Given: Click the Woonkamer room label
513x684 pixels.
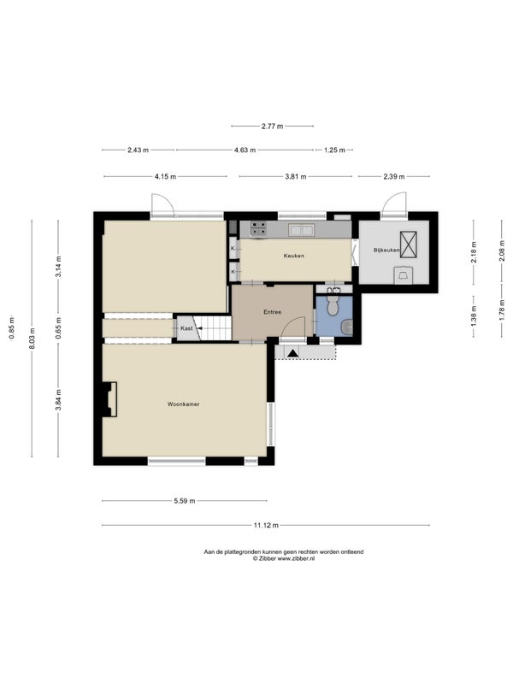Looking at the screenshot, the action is pyautogui.click(x=183, y=404).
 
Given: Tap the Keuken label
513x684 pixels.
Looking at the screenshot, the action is pyautogui.click(x=293, y=256).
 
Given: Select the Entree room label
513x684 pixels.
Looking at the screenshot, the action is pyautogui.click(x=272, y=312).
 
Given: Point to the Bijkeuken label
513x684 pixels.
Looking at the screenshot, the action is pyautogui.click(x=386, y=251).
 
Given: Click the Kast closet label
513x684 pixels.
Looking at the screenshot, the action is pyautogui.click(x=186, y=328).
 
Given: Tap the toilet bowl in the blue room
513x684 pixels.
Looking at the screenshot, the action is pyautogui.click(x=333, y=307).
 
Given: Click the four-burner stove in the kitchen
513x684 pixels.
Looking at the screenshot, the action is pyautogui.click(x=259, y=229).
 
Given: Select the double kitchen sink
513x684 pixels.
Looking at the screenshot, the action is pyautogui.click(x=302, y=229).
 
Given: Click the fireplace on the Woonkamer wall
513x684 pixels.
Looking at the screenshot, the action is pyautogui.click(x=109, y=399).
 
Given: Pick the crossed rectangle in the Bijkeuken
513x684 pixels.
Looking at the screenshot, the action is pyautogui.click(x=409, y=245).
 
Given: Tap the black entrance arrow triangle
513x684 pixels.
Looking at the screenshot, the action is pyautogui.click(x=292, y=353).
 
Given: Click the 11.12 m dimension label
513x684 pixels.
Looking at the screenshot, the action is pyautogui.click(x=266, y=525).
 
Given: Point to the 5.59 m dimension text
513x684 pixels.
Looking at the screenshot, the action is pyautogui.click(x=185, y=501).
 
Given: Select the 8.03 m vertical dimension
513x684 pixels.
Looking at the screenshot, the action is pyautogui.click(x=32, y=338).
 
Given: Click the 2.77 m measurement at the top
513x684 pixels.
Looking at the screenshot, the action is pyautogui.click(x=272, y=126).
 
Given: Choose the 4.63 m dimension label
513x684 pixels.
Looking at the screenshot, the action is pyautogui.click(x=245, y=150).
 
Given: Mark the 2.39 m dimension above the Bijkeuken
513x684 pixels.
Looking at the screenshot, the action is pyautogui.click(x=394, y=177).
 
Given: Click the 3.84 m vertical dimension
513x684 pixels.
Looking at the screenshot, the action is pyautogui.click(x=58, y=400).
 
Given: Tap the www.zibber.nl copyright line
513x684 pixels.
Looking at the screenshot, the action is pyautogui.click(x=284, y=558).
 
